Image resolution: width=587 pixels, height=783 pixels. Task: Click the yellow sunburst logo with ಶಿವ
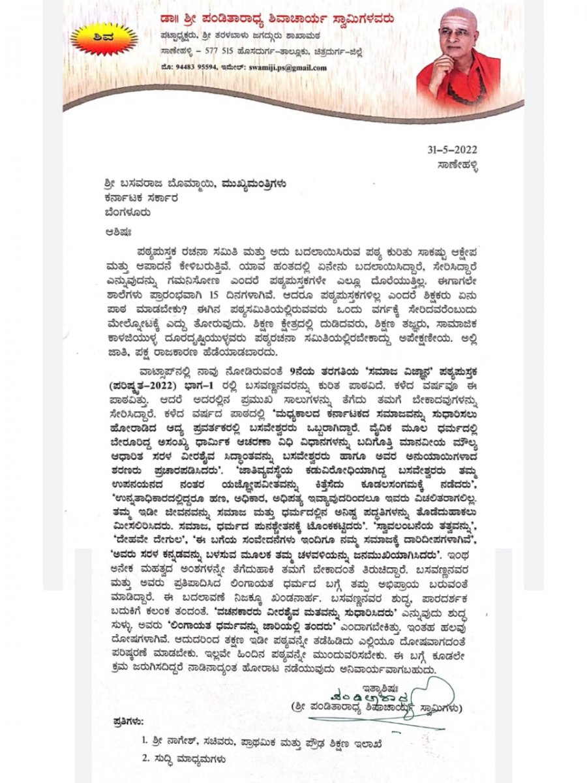click(x=104, y=38)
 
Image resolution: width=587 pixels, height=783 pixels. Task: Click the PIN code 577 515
click(x=218, y=52)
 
